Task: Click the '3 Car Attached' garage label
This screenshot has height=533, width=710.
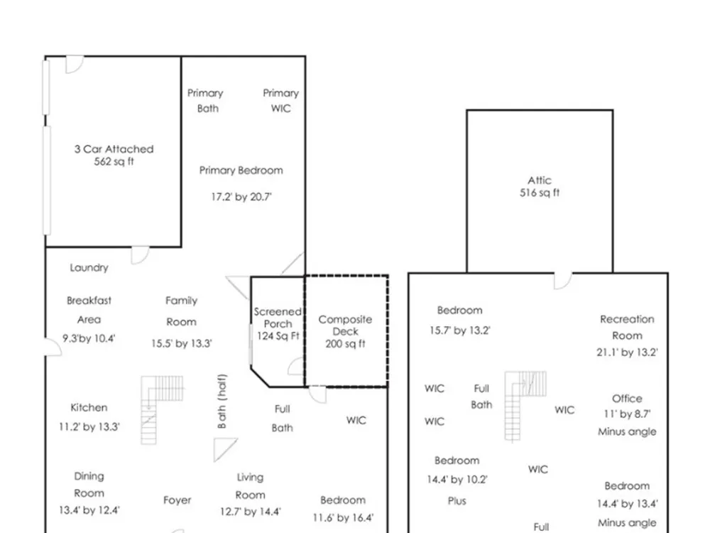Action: tap(114, 149)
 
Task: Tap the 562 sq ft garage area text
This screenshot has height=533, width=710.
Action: tap(114, 162)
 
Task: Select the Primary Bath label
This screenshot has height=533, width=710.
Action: tap(206, 101)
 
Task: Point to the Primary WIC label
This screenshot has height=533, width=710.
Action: tap(280, 101)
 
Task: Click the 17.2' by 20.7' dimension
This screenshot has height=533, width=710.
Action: tap(241, 197)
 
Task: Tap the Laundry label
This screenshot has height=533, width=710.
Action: tap(89, 268)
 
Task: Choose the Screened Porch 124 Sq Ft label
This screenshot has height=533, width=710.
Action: tap(278, 323)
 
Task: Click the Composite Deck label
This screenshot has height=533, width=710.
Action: tap(345, 325)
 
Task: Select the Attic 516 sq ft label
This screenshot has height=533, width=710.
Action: tap(540, 186)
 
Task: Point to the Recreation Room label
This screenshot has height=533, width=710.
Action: tap(627, 327)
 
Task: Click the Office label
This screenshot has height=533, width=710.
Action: tap(627, 399)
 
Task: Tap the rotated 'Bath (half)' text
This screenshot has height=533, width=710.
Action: tap(222, 401)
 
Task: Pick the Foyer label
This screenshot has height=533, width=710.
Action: tap(177, 500)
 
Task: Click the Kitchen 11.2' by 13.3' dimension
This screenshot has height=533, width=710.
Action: tap(89, 427)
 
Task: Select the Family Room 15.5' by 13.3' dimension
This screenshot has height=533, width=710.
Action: tap(182, 343)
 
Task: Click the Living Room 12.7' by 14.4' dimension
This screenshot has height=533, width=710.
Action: tap(251, 512)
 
